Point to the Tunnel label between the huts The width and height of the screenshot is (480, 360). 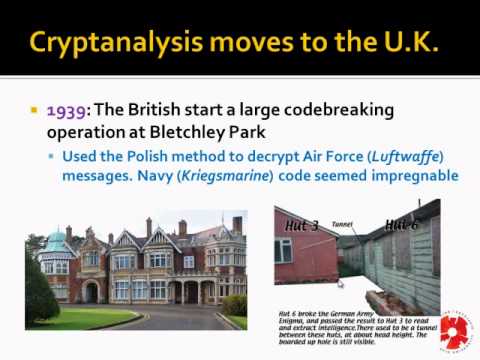[342, 224]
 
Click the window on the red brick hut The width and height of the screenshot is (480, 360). [284, 250]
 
